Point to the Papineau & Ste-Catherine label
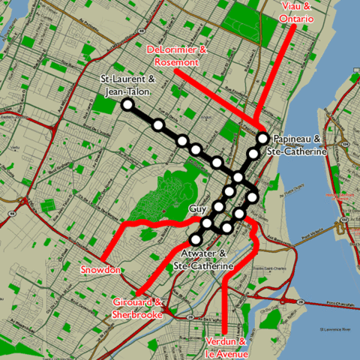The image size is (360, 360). tap(299, 145)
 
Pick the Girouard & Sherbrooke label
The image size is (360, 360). tap(138, 307)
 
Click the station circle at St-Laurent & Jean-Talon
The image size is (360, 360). tap(127, 104)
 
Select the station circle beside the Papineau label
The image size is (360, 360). tap(262, 138)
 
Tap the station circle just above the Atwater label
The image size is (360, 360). tap(196, 239)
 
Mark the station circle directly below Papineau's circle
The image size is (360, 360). tap(253, 154)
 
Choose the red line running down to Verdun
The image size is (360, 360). tap(225, 300)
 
